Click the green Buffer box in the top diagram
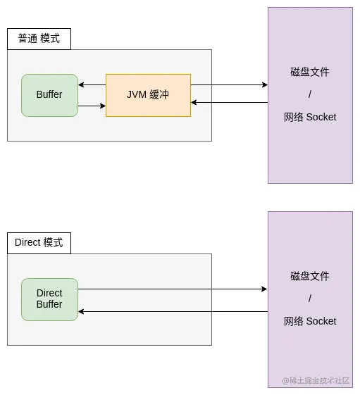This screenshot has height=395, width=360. [49, 95]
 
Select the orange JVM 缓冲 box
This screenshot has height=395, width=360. [148, 95]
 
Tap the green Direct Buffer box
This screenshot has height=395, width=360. [49, 299]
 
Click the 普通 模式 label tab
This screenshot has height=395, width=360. [39, 39]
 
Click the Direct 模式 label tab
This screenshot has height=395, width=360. [39, 243]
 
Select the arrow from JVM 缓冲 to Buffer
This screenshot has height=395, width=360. [92, 84]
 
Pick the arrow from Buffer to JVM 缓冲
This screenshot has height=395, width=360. [92, 106]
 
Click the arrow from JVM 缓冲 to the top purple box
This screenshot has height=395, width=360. [229, 84]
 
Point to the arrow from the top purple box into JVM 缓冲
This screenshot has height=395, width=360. [229, 103]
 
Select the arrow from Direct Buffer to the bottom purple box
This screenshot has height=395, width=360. [173, 289]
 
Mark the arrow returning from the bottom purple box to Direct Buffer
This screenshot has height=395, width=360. [173, 311]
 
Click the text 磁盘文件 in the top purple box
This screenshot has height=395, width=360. [310, 72]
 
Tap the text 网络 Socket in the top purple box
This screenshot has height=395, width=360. [310, 117]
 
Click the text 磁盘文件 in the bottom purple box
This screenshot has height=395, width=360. [310, 276]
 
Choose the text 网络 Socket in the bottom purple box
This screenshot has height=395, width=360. [310, 321]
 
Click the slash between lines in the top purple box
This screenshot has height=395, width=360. [310, 94]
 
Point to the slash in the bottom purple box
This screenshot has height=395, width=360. [310, 299]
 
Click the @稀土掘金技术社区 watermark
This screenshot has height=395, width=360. [316, 380]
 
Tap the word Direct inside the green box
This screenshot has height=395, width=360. [49, 293]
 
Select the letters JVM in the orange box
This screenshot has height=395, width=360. [137, 94]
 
